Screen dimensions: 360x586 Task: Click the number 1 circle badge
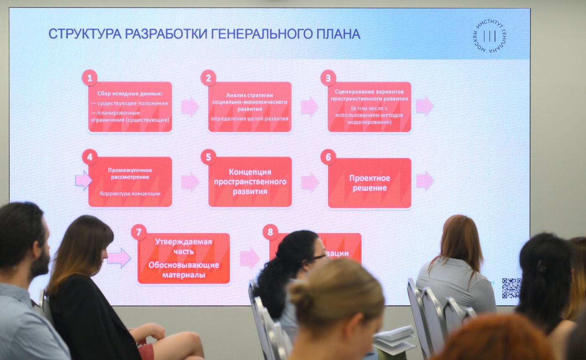click(90, 78)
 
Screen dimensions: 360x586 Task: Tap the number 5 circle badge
click(208, 157)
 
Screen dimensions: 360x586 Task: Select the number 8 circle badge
click(270, 232)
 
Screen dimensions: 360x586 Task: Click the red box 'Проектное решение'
click(370, 183)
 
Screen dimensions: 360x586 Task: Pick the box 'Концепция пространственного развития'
click(250, 182)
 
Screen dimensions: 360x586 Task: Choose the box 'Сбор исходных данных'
click(130, 107)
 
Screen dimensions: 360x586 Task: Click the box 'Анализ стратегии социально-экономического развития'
click(250, 107)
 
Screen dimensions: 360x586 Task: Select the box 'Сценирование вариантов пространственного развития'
click(370, 107)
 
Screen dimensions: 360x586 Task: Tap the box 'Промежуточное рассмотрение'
click(130, 182)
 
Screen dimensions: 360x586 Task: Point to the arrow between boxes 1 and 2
click(190, 107)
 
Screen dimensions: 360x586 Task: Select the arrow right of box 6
click(424, 180)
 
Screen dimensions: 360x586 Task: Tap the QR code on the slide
click(511, 288)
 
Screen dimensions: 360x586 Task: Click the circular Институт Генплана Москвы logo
click(489, 36)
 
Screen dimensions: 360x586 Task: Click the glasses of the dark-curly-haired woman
click(319, 257)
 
